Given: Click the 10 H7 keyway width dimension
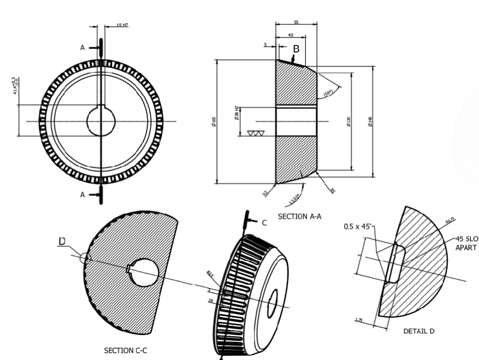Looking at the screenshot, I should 122,25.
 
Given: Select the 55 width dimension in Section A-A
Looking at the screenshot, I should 296,22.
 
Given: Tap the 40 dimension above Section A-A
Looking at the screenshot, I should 290,35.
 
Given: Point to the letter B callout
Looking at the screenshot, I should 296,49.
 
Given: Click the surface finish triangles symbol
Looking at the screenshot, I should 256,133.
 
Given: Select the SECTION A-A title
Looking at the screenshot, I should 299,217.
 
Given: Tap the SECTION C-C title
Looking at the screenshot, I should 126,350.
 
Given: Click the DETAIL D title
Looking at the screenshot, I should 419,331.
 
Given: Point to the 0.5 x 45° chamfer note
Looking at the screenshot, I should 359,227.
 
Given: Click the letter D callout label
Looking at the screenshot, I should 62,241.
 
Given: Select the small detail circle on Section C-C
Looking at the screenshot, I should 85,258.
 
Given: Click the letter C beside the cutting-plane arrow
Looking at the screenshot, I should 264,222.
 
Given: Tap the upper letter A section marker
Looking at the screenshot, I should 82,48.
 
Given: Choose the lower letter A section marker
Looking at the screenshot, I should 82,195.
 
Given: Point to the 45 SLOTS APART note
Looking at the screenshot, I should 466,243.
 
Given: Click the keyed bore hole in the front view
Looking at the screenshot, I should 101,121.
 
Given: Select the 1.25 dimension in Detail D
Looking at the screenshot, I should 359,320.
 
